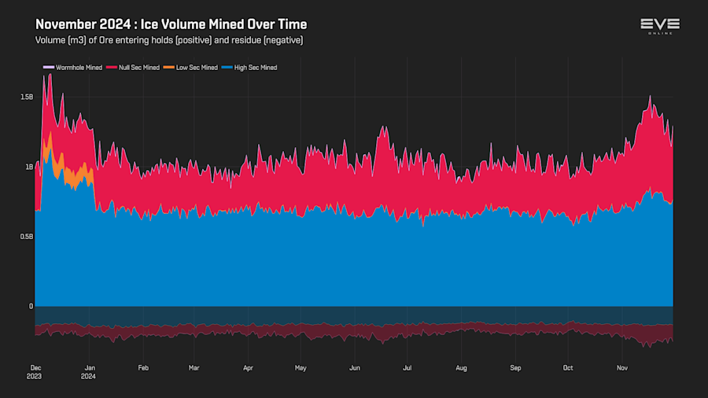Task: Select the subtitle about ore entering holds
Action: click(169, 40)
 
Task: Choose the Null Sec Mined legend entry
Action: click(138, 68)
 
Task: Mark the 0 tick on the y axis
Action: click(31, 306)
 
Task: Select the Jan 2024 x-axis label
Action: click(90, 371)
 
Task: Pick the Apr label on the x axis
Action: click(248, 367)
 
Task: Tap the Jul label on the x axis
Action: click(407, 367)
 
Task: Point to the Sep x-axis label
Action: click(515, 367)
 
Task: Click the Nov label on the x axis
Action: click(621, 367)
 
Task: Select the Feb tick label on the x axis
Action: click(143, 367)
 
